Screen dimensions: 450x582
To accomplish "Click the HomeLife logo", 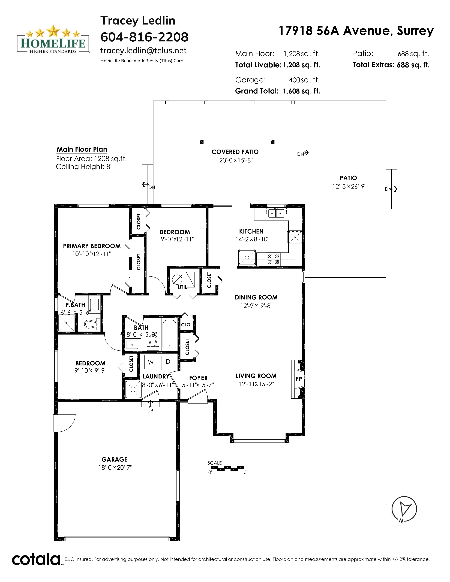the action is [x=53, y=39].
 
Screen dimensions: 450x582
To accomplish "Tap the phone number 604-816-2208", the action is [x=144, y=37].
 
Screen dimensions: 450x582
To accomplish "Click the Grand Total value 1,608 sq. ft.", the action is [x=302, y=91].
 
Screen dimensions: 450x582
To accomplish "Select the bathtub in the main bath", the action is [x=169, y=334].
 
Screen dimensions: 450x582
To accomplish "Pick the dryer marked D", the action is [x=168, y=362].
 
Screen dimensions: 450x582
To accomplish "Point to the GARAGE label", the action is [x=114, y=459].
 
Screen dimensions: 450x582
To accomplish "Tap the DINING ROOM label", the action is [x=256, y=297].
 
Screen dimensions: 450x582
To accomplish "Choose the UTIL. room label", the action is [x=183, y=287].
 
